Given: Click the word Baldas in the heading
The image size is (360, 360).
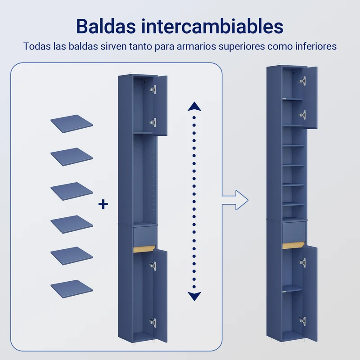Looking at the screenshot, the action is [x=106, y=26].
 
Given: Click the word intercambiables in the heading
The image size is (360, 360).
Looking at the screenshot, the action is [x=212, y=26].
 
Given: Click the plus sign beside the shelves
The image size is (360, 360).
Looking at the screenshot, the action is [x=103, y=204].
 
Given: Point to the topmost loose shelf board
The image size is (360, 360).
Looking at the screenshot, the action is [x=72, y=124].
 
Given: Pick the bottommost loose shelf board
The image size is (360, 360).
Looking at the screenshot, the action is [x=72, y=289].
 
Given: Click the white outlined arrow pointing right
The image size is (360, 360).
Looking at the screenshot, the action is [x=235, y=200].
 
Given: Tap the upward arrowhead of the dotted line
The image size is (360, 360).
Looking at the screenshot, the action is [x=194, y=107].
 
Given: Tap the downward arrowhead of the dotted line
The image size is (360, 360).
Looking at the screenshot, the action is [x=194, y=296].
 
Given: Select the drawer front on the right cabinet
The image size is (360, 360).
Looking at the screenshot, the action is [x=294, y=232].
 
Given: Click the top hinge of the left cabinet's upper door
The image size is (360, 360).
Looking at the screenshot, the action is [x=153, y=89].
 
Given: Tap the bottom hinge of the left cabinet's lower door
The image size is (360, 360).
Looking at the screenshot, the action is [x=153, y=322].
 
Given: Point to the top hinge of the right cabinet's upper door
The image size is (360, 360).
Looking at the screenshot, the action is [x=302, y=81].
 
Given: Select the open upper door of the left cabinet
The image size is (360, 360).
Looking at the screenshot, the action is [x=160, y=105].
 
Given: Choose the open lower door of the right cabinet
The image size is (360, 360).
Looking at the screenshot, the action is [x=310, y=293].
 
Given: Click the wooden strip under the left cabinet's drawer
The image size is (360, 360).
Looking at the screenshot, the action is [x=144, y=249].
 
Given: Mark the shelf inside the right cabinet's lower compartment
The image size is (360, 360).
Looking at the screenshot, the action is [x=292, y=289].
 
